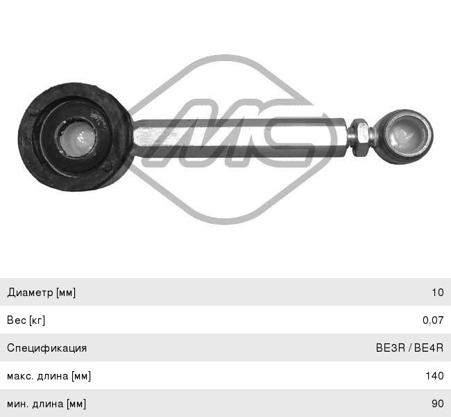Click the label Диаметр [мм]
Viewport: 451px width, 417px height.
42,293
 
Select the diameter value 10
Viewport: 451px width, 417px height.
438,293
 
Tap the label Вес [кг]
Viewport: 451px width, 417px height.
26,320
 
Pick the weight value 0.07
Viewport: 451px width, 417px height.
433,320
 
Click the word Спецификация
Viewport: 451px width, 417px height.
47,348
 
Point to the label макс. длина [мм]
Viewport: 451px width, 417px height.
49,376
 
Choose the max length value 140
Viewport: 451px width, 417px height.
435,376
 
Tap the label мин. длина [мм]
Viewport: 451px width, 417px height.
46,404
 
